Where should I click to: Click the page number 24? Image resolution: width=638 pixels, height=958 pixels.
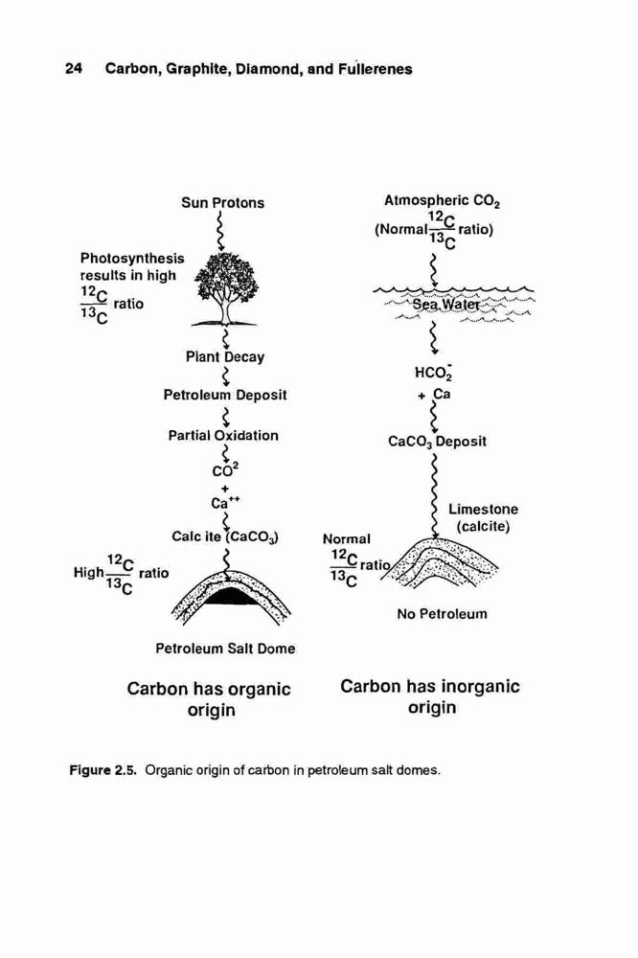pos(74,68)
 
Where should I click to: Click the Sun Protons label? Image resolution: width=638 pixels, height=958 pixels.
pos(223,203)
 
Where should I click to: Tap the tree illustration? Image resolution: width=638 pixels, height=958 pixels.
pos(225,288)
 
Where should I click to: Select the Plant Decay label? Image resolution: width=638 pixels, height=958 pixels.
pos(225,356)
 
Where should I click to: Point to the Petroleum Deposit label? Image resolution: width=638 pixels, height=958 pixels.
pos(225,395)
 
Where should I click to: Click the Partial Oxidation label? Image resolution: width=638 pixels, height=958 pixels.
pos(223,436)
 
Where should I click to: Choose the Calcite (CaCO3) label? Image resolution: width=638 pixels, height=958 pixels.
pos(225,537)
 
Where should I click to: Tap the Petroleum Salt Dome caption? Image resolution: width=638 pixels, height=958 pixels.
pos(225,649)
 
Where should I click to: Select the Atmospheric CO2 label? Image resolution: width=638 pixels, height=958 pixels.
pos(443,201)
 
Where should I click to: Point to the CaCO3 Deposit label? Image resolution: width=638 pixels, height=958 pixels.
pos(438,441)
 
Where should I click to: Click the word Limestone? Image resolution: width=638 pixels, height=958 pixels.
pos(484,509)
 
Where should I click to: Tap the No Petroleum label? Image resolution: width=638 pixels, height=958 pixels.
pos(442,614)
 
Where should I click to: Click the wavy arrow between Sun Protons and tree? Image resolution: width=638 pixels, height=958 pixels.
pos(219,230)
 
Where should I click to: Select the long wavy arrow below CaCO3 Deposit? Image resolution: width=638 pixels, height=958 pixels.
pos(435,495)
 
